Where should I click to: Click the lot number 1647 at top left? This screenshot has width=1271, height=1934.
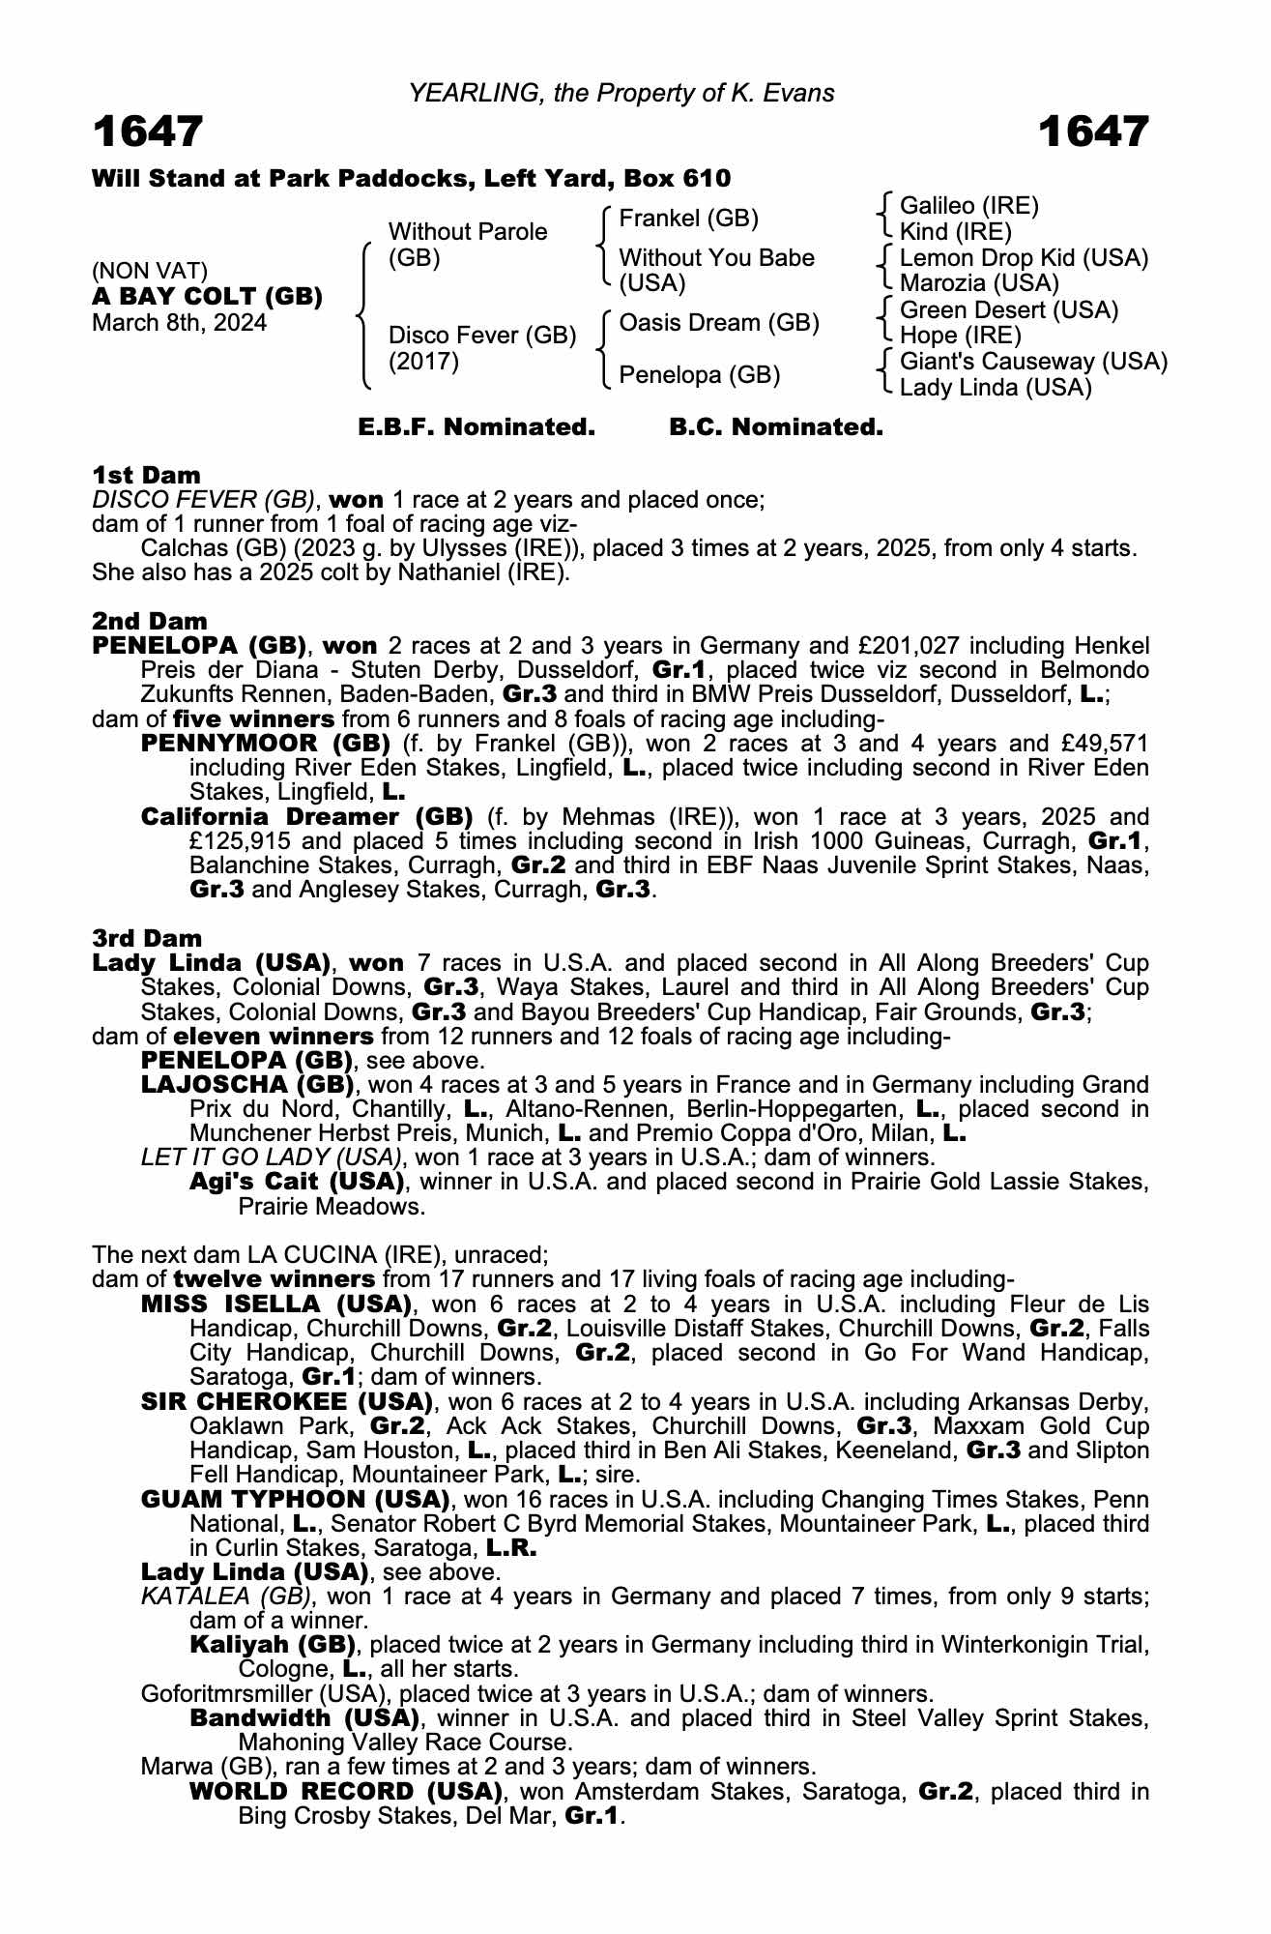148,132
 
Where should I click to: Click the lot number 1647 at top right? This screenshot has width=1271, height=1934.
1093,132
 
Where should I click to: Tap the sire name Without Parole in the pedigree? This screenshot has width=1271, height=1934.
468,232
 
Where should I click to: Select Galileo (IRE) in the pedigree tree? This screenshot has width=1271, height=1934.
968,206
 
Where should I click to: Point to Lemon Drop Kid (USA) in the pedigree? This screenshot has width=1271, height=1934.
1024,258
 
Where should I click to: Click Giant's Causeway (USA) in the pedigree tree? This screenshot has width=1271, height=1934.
1033,362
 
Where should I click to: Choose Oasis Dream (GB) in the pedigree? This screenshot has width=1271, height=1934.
719,322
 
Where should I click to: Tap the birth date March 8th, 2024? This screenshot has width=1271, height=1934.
179,323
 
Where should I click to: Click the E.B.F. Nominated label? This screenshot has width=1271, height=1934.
477,427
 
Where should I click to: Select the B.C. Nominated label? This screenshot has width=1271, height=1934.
776,427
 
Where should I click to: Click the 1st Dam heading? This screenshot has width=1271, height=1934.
146,475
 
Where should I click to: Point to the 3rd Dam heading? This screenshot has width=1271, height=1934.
147,938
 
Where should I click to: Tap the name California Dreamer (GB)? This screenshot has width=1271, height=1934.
306,817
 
